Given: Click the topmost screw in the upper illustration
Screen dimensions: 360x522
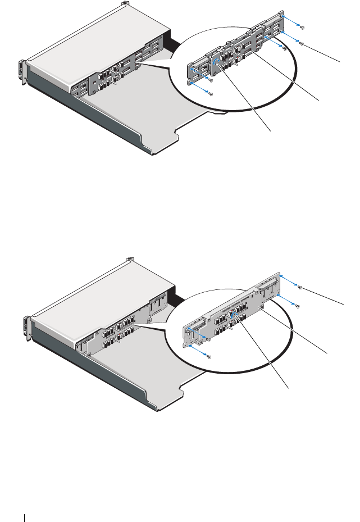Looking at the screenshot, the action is pos(302,26).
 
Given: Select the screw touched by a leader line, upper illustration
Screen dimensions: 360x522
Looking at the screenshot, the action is pos(302,44).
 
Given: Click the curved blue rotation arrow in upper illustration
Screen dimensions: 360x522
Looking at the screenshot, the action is pos(216,62).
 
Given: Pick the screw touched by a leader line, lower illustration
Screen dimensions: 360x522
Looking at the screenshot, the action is pos(301,288).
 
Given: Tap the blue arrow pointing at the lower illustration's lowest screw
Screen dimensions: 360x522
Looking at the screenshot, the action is pos(198,351).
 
